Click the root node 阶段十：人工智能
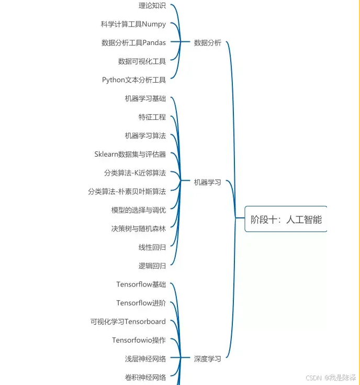pos(286,219)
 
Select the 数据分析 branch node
pos(207,43)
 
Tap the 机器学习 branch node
pos(207,182)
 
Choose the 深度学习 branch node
pos(207,359)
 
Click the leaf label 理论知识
pos(152,6)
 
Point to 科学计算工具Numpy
pos(133,24)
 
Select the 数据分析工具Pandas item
pos(133,43)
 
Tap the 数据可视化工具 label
pos(142,61)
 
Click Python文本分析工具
pos(134,80)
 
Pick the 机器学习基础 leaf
pos(145,98)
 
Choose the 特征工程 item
pos(152,117)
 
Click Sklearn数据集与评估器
pos(130,154)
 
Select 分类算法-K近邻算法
pos(134,173)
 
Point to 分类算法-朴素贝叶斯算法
pos(127,192)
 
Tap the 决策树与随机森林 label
pos(138,228)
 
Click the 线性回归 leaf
pos(152,247)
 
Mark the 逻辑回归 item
pos(152,266)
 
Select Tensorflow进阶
pos(141,303)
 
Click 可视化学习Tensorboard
pos(128,322)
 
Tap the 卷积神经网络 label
pos(145,377)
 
